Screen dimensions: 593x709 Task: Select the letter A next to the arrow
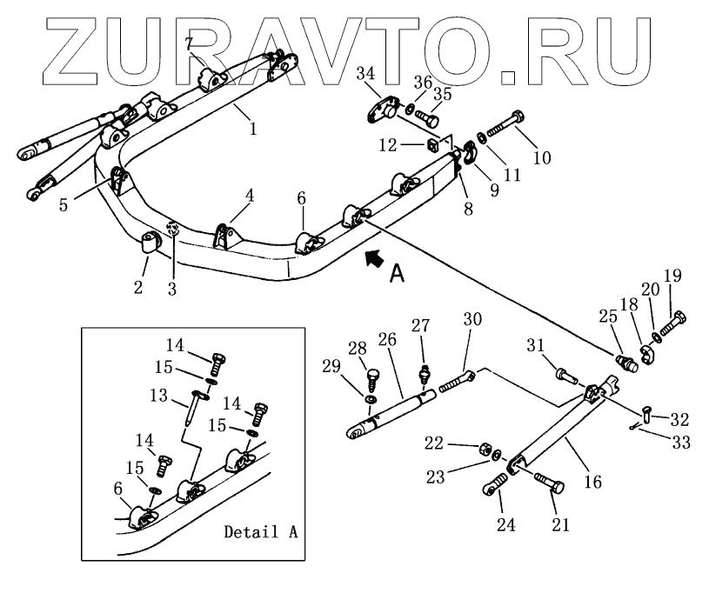(x=397, y=273)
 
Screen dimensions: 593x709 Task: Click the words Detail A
(x=260, y=530)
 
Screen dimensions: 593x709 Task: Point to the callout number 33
(x=681, y=443)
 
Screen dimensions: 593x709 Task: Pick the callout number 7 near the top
(x=188, y=43)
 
